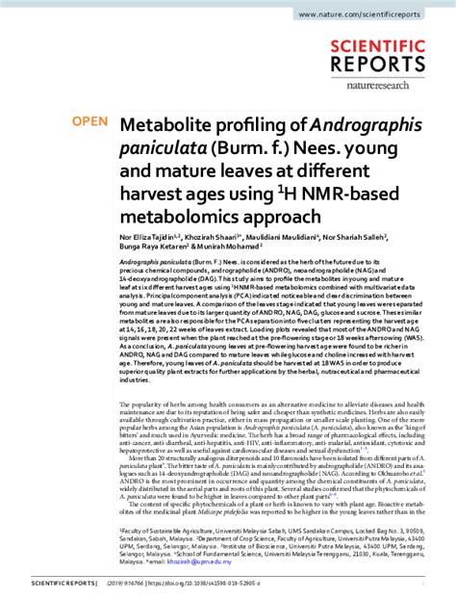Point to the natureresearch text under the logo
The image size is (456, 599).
401,84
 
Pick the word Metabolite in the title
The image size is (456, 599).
167,124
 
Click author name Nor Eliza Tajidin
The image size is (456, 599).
150,237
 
